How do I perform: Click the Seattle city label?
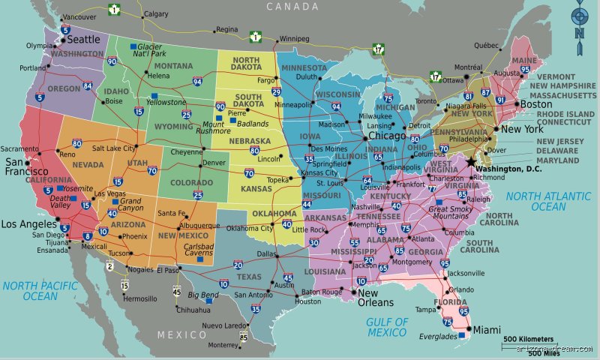click(83, 38)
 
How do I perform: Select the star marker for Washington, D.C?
click(471, 162)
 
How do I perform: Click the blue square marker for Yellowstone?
click(154, 95)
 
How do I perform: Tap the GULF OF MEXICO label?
click(387, 327)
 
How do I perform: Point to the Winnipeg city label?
click(295, 38)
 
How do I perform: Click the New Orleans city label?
click(376, 298)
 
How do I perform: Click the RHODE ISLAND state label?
click(565, 114)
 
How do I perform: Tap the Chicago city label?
click(387, 136)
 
